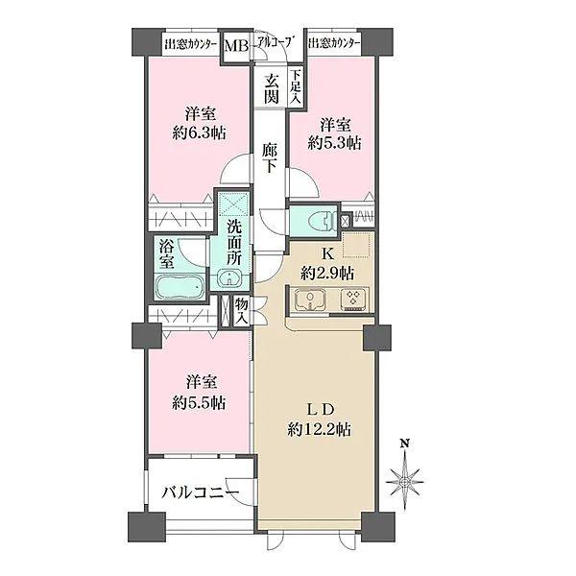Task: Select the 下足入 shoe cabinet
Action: (296, 87)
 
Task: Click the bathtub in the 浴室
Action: (180, 287)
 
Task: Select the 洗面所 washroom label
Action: (234, 242)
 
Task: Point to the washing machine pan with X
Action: (233, 204)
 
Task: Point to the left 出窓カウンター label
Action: (190, 44)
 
